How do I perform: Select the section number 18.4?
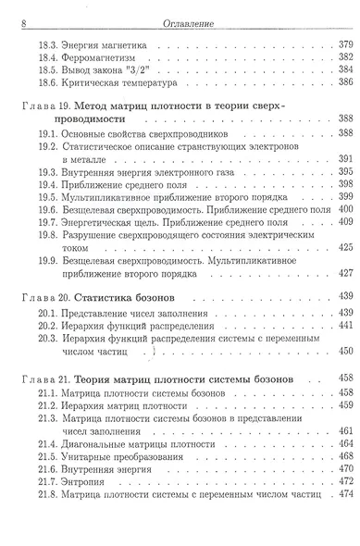pyautogui.click(x=43, y=56)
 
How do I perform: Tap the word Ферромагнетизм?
pyautogui.click(x=98, y=56)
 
